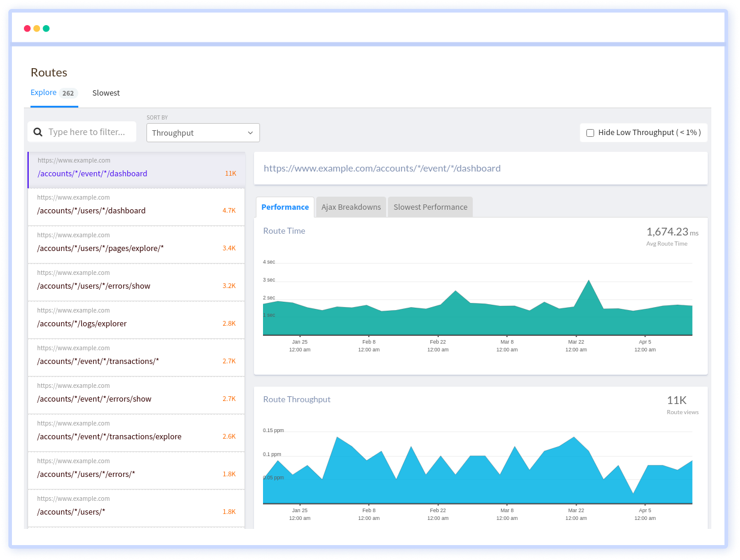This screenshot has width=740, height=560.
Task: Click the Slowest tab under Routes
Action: tap(106, 93)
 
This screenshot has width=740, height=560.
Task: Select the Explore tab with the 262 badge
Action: tap(53, 93)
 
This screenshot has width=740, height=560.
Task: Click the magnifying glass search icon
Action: tap(38, 132)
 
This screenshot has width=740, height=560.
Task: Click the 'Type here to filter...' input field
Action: tap(87, 132)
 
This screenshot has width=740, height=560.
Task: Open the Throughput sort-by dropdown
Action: tap(203, 133)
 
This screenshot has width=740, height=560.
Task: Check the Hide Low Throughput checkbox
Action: tap(590, 133)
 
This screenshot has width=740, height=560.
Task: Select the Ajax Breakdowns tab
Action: tap(351, 207)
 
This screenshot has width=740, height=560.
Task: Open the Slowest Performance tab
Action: tap(430, 207)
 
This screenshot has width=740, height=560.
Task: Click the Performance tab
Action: tap(285, 207)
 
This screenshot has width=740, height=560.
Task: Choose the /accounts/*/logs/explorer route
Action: tap(82, 323)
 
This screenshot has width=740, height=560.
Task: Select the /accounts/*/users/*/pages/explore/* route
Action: tap(100, 248)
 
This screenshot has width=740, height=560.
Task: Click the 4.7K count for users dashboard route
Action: tap(229, 210)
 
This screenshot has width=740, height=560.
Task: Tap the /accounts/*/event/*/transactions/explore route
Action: tap(109, 436)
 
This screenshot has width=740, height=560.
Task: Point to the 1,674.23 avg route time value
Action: tap(667, 232)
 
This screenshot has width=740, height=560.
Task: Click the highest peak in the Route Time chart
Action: tap(589, 280)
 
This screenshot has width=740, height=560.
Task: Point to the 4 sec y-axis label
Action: tap(269, 262)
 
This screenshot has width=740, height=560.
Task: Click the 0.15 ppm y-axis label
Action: tap(273, 430)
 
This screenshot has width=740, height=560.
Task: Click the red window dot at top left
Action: tap(27, 29)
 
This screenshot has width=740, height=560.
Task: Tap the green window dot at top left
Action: tap(46, 29)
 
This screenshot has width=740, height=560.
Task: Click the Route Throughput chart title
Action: tap(296, 399)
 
